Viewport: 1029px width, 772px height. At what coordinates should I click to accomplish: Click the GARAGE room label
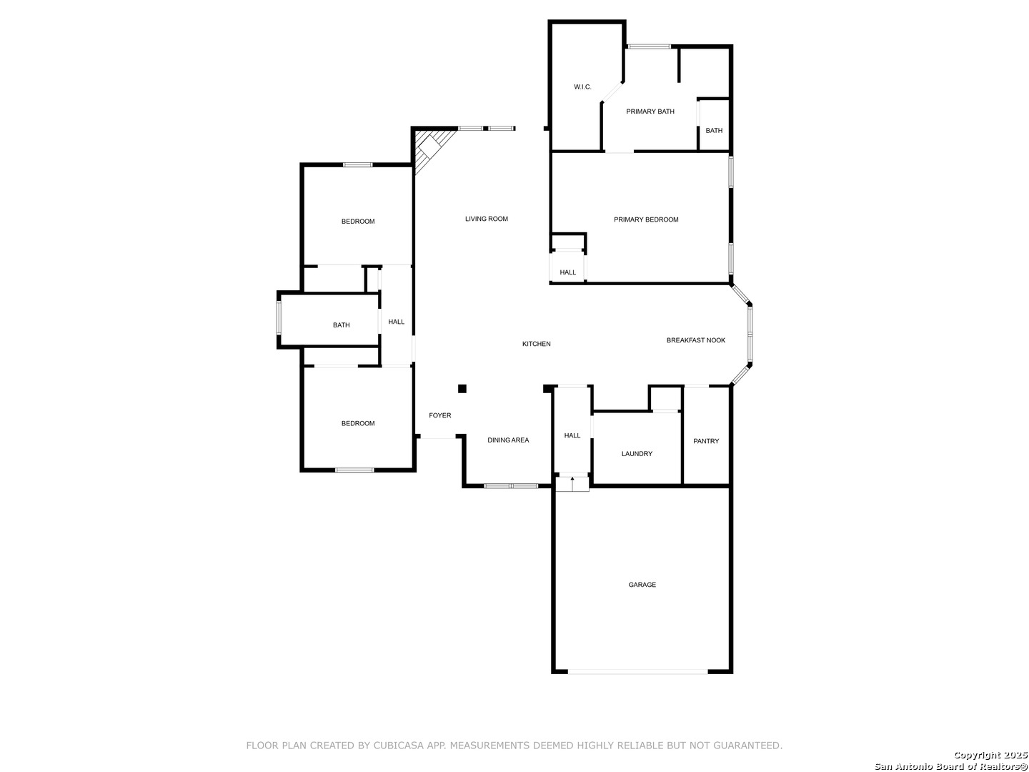point(642,585)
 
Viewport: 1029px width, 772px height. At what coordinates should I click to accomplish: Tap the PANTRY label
point(705,441)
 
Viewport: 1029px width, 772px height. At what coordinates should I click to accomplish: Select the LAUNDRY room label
point(637,454)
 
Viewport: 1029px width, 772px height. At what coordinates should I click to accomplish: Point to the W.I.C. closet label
point(582,86)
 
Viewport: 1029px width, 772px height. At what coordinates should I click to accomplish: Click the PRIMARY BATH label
point(650,112)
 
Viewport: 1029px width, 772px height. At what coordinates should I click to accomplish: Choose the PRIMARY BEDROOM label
point(645,219)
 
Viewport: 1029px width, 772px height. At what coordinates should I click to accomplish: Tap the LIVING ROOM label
point(486,219)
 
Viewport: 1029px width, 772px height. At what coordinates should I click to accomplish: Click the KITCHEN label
point(537,344)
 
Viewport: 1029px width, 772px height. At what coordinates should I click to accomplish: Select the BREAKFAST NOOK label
point(695,340)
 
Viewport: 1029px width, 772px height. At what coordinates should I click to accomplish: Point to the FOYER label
point(439,415)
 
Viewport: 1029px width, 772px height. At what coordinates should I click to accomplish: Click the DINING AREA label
point(507,440)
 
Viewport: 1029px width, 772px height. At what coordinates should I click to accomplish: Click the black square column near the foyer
point(462,389)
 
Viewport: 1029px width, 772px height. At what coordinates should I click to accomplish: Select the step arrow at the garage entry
point(572,484)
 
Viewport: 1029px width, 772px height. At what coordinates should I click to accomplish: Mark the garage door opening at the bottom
point(637,672)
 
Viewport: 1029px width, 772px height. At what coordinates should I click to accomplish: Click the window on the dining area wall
point(510,486)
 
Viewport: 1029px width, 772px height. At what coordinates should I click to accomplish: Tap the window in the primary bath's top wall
point(649,46)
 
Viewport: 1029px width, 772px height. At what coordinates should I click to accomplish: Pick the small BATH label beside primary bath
point(713,131)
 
